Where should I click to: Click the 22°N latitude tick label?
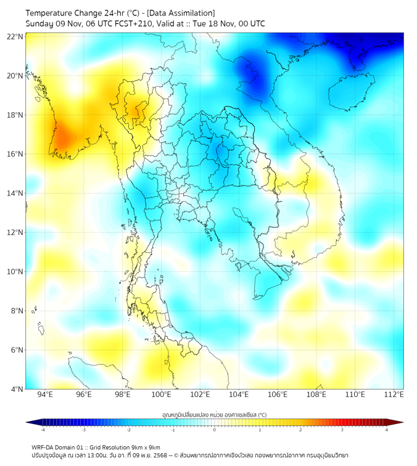click(15, 36)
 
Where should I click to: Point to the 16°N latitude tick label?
click(15, 154)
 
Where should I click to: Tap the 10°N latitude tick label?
click(15, 272)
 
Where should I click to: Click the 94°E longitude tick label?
click(45, 394)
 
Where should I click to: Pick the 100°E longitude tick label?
click(162, 394)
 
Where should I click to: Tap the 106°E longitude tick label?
click(278, 394)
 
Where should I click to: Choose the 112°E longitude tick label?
click(394, 394)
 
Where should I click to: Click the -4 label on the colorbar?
click(43, 430)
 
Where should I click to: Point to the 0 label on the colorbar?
click(215, 430)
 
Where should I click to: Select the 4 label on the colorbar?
click(387, 430)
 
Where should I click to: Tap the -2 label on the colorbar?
click(128, 430)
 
